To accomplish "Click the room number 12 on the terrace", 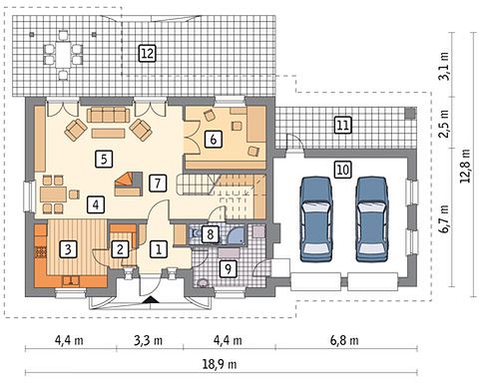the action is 147,53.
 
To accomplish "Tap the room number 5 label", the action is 104,159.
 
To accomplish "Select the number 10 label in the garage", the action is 343,170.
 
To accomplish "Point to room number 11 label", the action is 343,126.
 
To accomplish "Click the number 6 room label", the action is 214,139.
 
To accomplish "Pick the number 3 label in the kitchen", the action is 68,249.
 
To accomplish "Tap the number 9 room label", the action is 229,268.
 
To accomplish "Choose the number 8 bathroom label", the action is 211,234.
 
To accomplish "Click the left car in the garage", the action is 316,219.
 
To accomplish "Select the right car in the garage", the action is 372,219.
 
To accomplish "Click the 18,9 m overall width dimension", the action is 220,364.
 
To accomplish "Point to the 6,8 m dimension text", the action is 344,340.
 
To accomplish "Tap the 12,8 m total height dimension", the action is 465,166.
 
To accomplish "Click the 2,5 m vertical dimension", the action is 444,123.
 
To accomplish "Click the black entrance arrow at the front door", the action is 152,300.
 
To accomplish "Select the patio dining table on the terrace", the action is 63,55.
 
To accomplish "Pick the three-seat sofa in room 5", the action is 108,115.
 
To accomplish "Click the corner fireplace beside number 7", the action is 129,184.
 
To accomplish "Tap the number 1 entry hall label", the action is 159,249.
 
